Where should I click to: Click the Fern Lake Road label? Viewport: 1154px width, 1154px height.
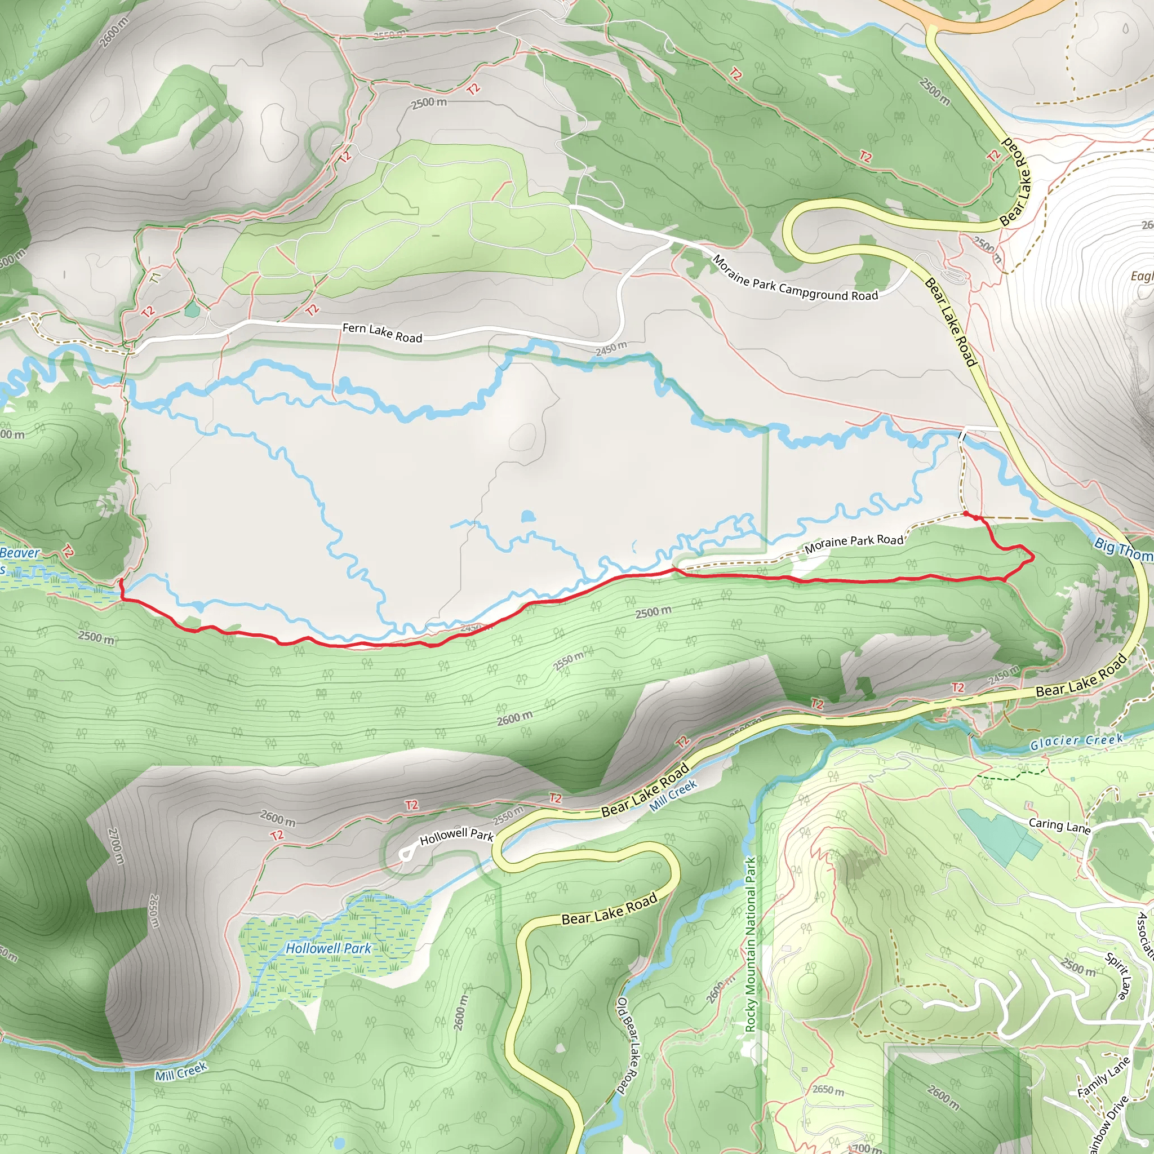tap(381, 332)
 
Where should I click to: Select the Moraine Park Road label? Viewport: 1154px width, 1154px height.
tap(854, 543)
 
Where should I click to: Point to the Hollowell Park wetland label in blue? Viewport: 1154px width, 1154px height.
tap(328, 948)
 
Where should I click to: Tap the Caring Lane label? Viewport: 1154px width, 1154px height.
tap(1059, 825)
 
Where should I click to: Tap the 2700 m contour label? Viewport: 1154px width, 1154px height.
tap(117, 845)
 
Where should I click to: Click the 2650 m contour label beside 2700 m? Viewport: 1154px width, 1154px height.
tap(154, 911)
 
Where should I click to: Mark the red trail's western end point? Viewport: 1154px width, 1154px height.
tap(121, 580)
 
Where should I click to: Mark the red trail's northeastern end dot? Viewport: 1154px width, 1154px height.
tap(966, 513)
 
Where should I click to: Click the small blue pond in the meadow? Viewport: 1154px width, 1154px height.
tap(527, 516)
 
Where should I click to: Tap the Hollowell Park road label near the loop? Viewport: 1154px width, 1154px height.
tap(456, 836)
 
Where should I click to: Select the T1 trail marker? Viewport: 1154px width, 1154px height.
tap(156, 278)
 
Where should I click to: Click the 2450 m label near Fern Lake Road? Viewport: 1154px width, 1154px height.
tap(611, 348)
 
